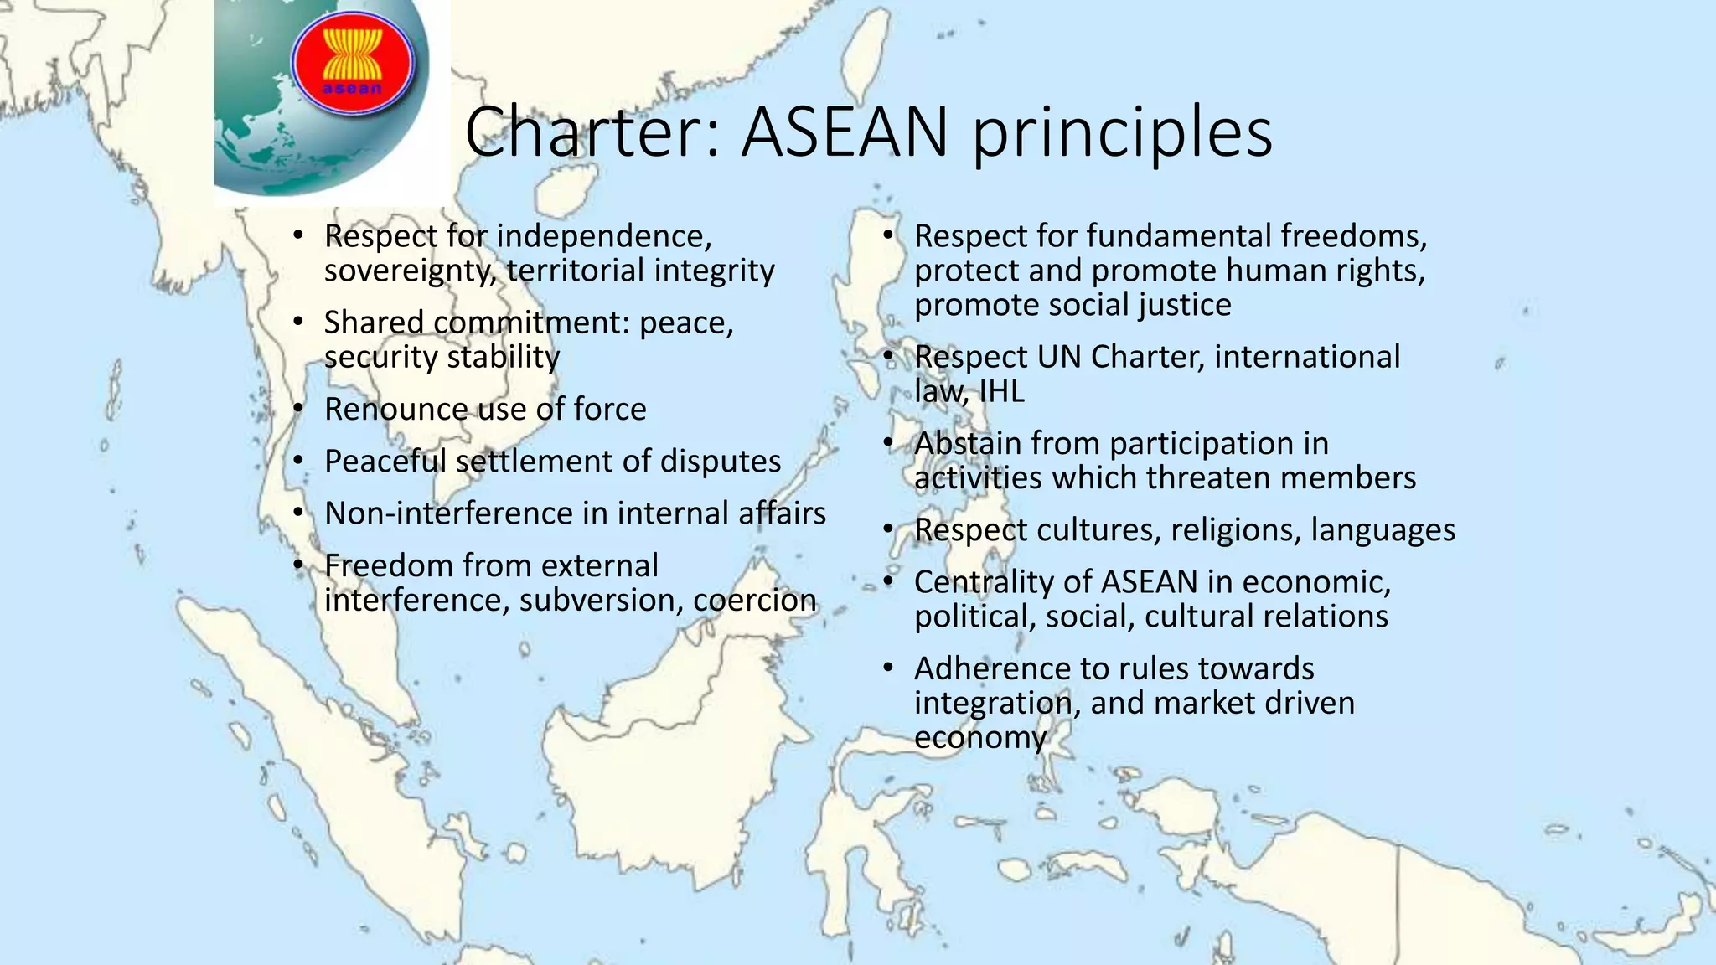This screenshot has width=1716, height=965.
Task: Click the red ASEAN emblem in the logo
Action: click(353, 64)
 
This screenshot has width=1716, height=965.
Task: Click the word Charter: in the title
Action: click(592, 132)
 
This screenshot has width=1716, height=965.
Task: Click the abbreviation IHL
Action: click(1001, 391)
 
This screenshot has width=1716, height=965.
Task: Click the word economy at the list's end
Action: click(979, 738)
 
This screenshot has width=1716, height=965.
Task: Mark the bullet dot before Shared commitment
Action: click(299, 322)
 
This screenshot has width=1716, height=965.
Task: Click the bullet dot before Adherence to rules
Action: click(889, 668)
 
